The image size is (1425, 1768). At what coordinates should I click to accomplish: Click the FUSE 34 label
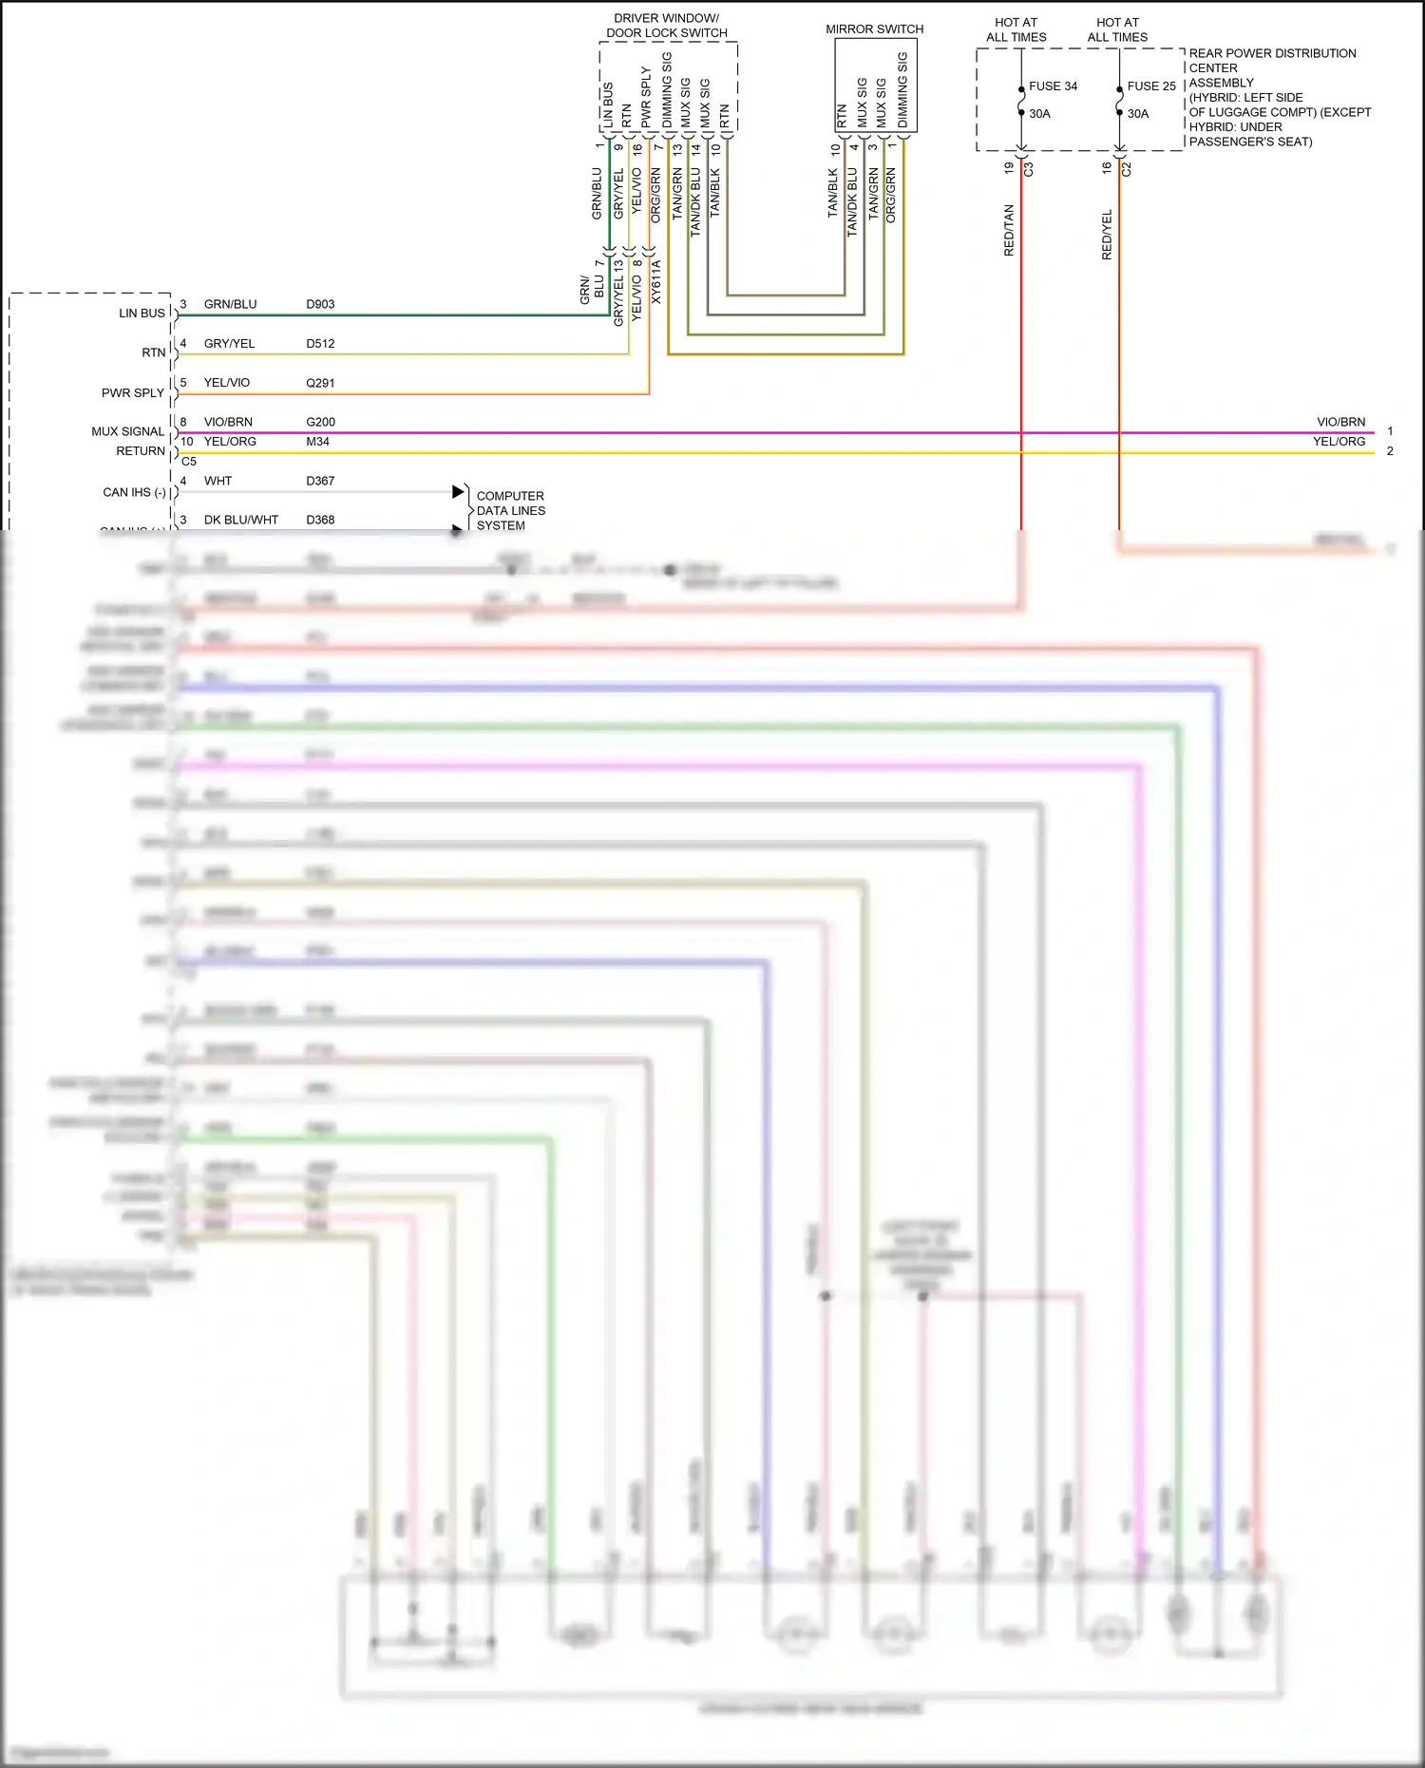1053,86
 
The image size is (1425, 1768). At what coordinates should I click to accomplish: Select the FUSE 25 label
1151,86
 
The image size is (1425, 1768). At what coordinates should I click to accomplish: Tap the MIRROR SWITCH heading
874,29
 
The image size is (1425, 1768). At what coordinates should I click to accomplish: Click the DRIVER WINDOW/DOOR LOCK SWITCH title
666,26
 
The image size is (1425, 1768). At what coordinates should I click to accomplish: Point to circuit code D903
320,305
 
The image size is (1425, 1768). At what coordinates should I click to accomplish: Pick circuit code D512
320,344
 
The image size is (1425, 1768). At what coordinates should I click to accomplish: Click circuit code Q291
320,383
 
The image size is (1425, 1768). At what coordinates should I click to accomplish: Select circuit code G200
320,422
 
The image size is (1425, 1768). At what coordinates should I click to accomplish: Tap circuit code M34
317,442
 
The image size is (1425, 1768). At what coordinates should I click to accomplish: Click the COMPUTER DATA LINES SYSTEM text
510,511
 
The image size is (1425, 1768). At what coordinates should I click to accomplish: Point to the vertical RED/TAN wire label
1009,230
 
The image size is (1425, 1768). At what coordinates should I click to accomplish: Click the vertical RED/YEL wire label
1107,235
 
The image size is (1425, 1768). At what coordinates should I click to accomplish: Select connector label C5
189,462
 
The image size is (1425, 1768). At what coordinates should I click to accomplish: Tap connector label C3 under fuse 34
1029,169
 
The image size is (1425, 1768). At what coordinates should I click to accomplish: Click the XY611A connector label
655,282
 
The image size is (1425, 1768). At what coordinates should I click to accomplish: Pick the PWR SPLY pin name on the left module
133,393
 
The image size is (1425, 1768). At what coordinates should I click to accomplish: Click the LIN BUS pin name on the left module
142,314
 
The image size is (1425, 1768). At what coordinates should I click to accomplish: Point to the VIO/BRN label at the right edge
1340,422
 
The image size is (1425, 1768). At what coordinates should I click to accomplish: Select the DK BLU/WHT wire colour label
241,521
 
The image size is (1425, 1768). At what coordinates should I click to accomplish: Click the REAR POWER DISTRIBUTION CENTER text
1272,61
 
